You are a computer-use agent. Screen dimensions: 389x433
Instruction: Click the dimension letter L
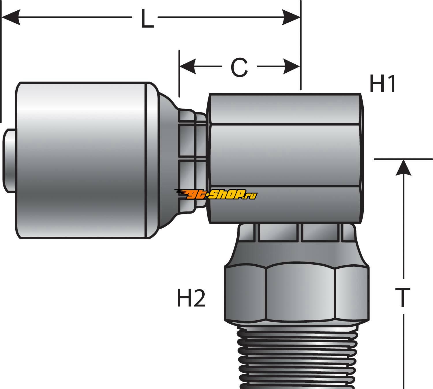point(147,19)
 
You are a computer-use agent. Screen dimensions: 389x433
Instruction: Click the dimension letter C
point(239,68)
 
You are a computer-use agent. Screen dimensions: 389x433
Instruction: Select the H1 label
point(382,84)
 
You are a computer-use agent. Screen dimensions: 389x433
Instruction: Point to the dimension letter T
point(403,298)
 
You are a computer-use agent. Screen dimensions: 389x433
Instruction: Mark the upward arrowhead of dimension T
point(403,167)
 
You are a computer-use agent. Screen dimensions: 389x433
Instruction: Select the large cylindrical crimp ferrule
point(84,160)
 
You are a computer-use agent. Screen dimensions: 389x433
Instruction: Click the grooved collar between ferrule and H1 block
point(192,160)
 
